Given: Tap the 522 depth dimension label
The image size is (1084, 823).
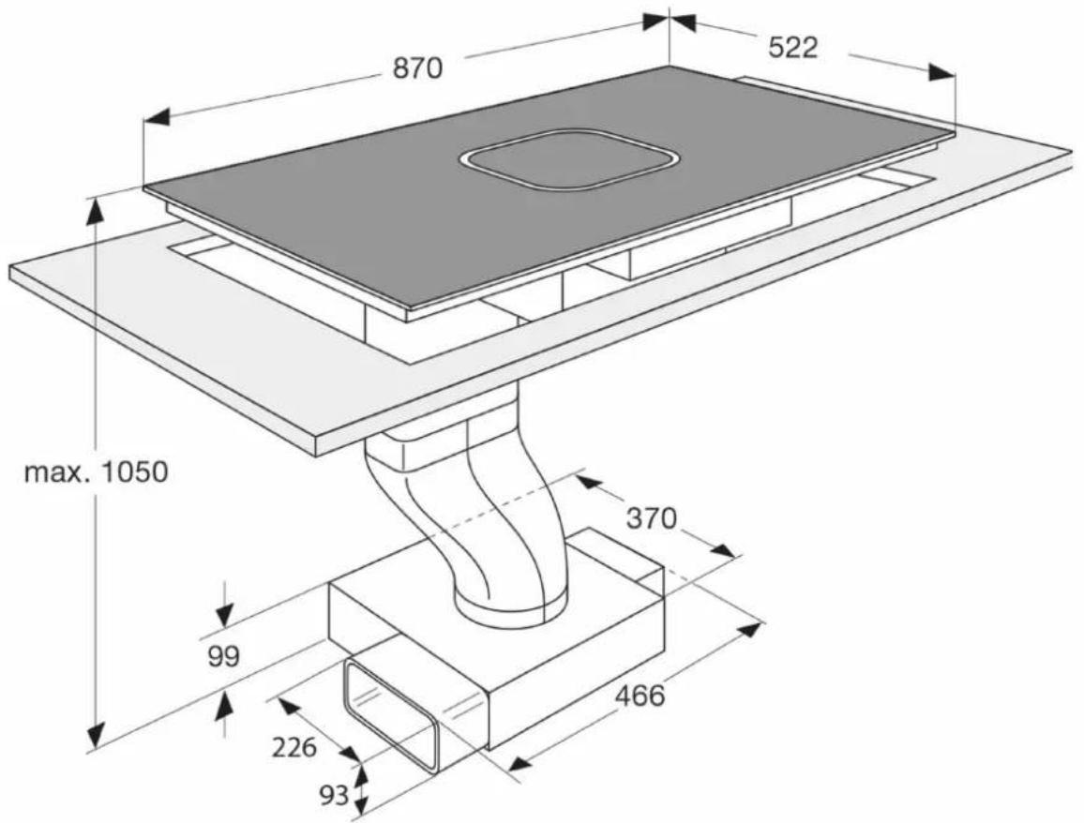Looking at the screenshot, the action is point(793,47).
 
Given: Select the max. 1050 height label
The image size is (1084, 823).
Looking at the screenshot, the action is point(96,472).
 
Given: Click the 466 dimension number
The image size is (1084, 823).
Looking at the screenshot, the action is point(640,696).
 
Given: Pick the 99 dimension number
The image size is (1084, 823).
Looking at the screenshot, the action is point(224,656).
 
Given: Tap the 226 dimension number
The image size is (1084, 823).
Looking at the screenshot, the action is point(294,747).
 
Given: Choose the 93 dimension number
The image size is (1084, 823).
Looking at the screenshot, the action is point(335,796).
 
